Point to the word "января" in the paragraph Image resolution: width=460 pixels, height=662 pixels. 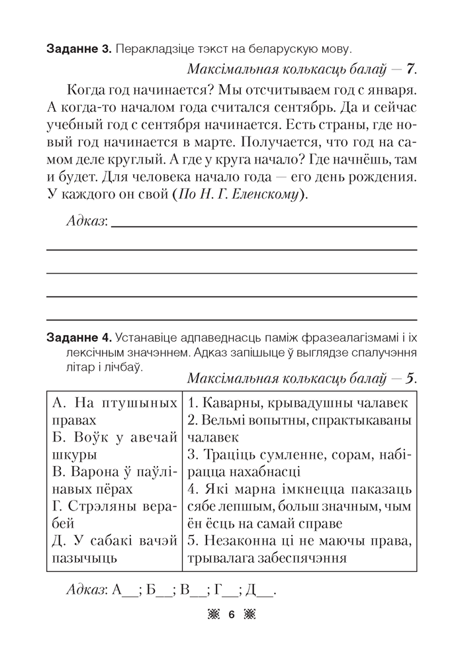393,88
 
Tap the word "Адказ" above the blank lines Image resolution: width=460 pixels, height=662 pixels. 87,220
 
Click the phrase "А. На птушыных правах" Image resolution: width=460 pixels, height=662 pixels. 114,410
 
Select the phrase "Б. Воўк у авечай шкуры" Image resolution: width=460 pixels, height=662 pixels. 114,446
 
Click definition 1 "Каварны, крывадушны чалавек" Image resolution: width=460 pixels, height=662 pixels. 298,402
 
